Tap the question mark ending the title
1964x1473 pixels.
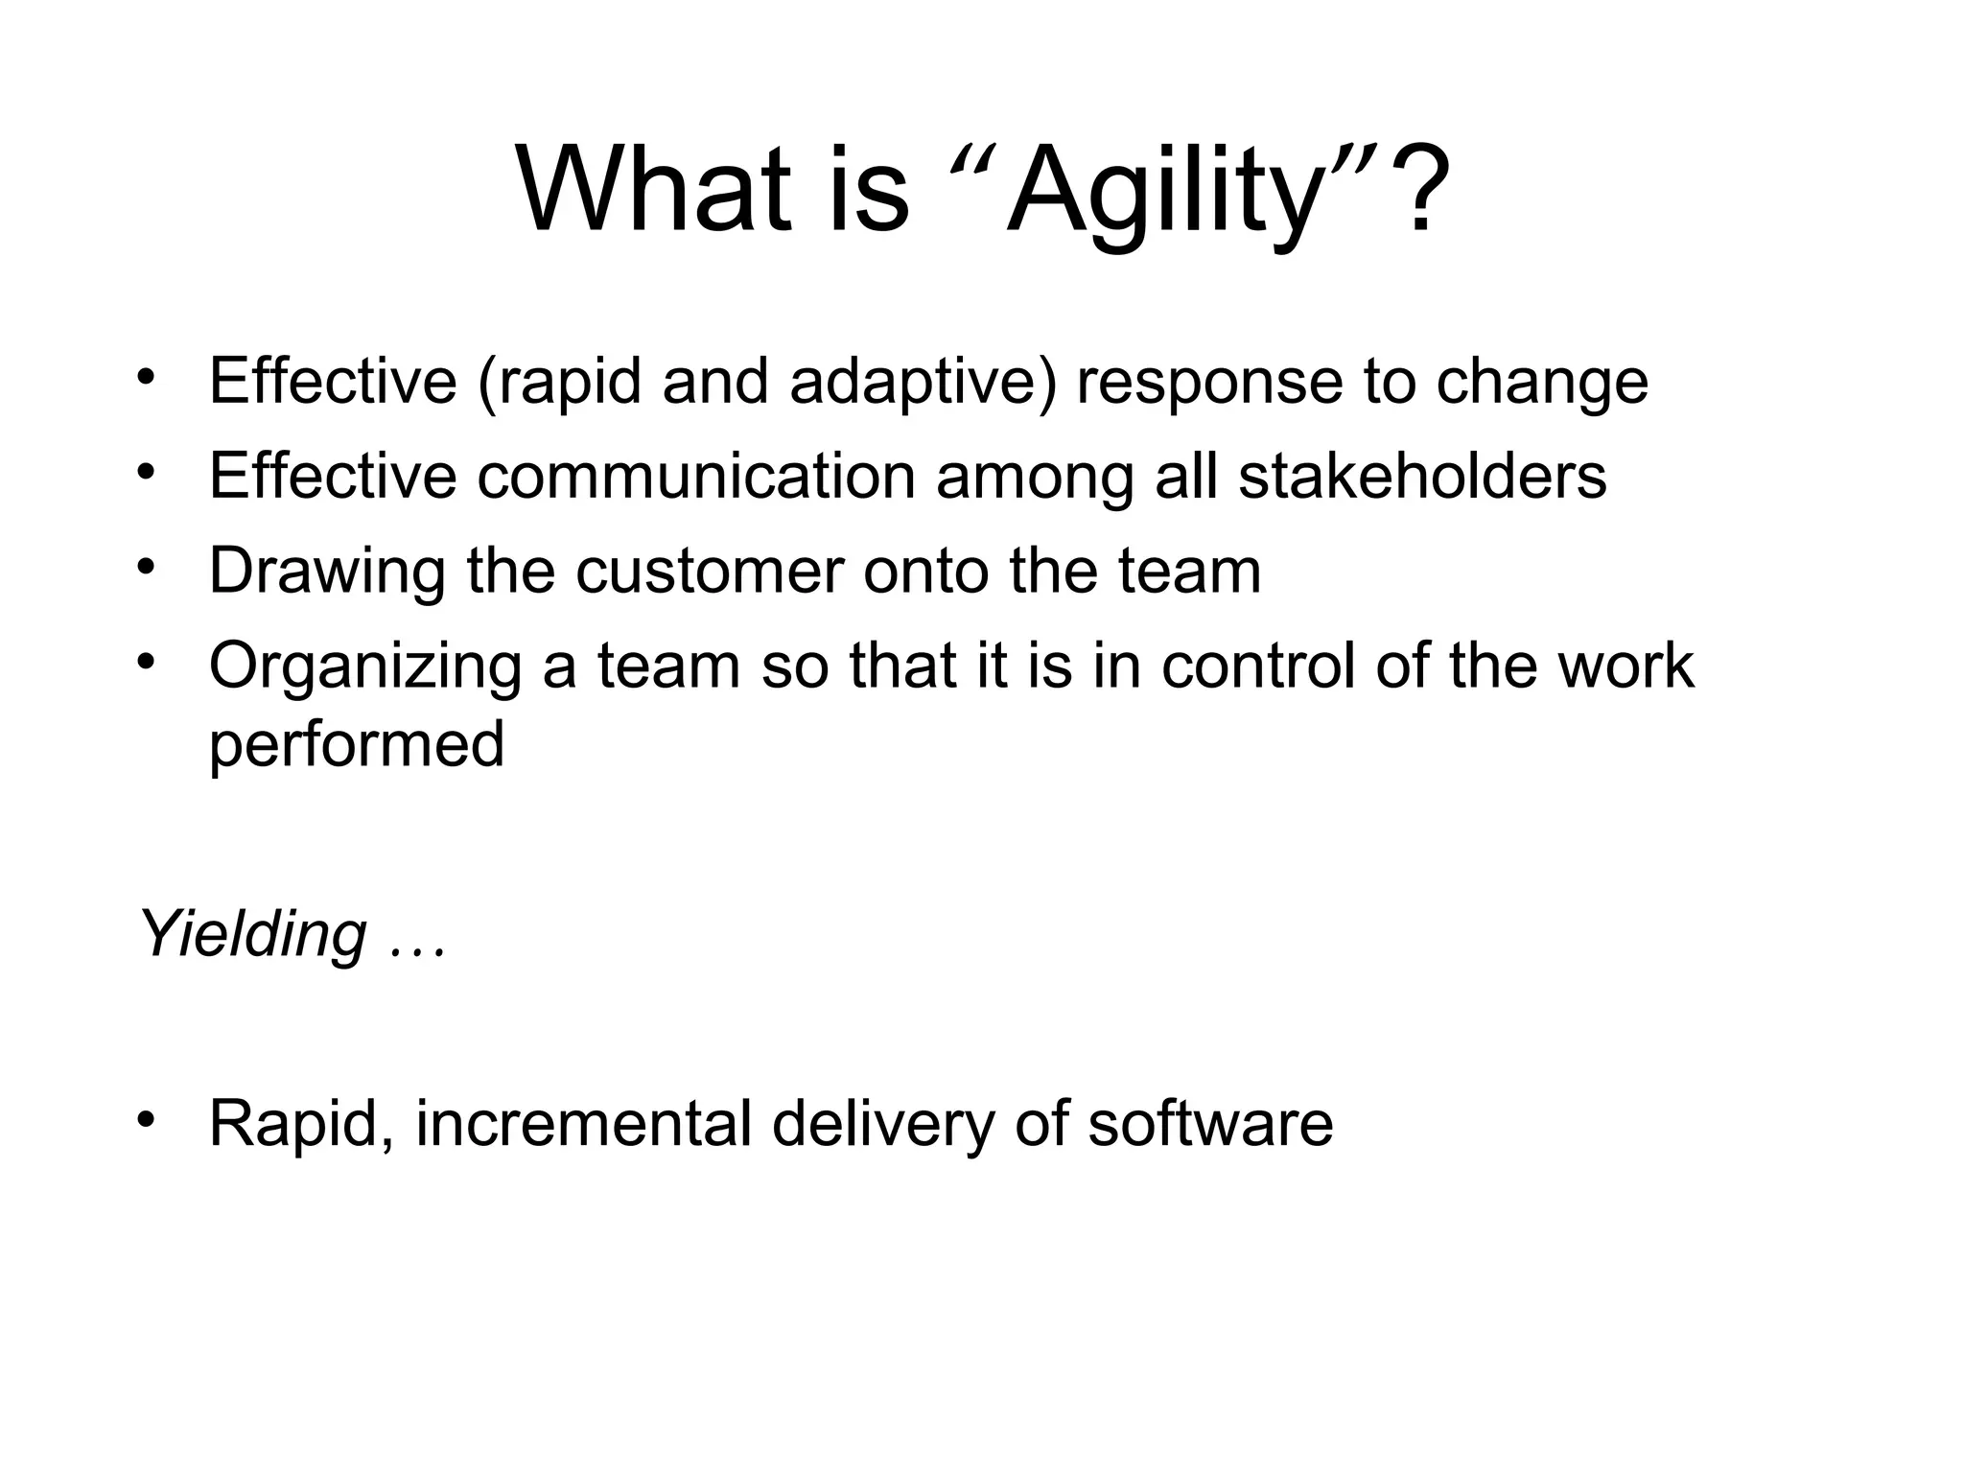[1419, 188]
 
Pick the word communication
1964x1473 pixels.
[696, 476]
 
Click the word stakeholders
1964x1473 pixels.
[1422, 476]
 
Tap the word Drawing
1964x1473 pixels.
[327, 573]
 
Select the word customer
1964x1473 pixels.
[710, 571]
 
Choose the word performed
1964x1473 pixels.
[356, 746]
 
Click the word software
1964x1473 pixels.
[1210, 1124]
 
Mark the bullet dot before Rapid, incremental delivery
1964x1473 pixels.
[146, 1120]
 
